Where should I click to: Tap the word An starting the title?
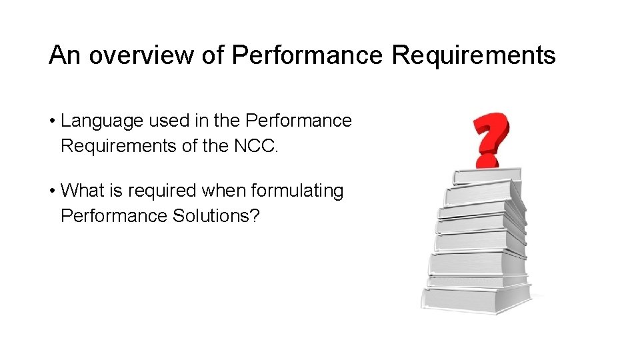[65, 55]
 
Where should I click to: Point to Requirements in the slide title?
[473, 55]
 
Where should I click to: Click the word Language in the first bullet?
[102, 121]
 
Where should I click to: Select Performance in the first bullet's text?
[299, 121]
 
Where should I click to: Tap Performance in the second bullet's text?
[114, 216]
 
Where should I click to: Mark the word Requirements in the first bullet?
[119, 146]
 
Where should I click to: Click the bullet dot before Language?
[51, 122]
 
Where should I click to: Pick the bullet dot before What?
[51, 191]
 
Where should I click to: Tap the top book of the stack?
[487, 177]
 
